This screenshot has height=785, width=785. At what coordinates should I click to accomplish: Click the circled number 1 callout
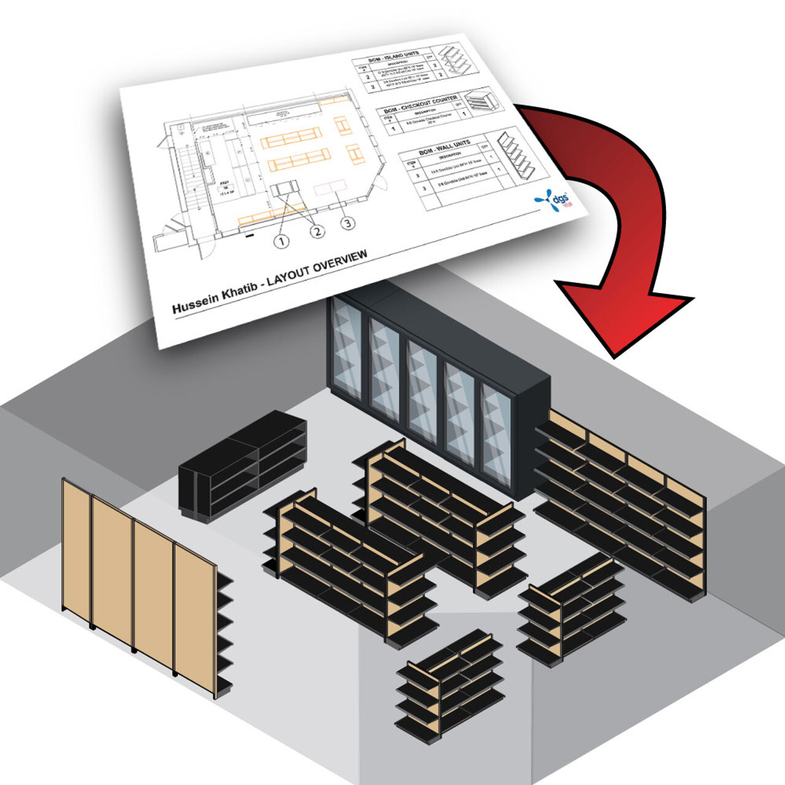coord(281,241)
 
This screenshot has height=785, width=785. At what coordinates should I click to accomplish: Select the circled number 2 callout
coord(317,231)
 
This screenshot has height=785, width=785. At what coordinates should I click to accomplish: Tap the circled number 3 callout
coord(348,223)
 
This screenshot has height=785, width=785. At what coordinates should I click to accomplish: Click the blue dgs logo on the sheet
coord(551,201)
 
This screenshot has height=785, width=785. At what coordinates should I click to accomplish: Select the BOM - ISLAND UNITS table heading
coord(394,58)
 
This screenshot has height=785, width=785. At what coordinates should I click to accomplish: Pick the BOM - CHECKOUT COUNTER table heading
coord(420,105)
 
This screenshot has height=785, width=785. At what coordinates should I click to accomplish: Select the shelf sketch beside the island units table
coord(454,59)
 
